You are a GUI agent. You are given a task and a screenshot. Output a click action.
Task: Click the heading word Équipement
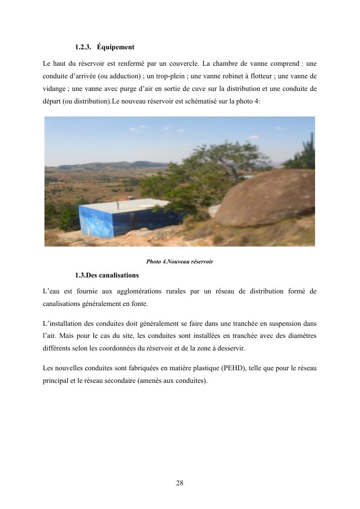[115, 47]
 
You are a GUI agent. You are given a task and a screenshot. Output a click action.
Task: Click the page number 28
[180, 483]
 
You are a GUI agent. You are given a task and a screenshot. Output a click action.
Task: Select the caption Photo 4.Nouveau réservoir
[180, 262]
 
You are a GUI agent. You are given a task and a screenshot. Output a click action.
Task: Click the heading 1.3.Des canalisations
[107, 276]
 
